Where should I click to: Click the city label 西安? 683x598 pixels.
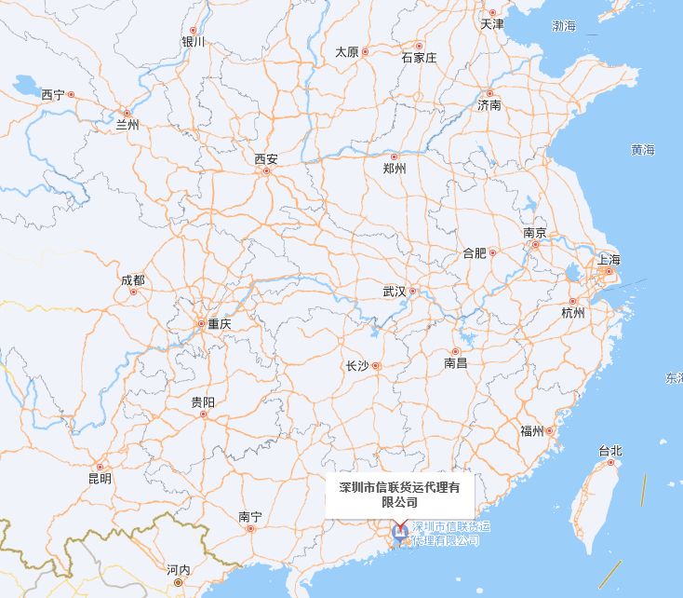coord(266,159)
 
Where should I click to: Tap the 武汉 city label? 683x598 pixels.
coord(395,292)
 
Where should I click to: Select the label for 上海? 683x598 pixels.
coord(609,260)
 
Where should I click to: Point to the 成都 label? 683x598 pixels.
coord(132,279)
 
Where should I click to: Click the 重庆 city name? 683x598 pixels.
coord(220,324)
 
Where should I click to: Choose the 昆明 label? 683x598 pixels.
coord(100,479)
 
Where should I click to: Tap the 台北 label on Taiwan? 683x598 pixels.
coord(609,452)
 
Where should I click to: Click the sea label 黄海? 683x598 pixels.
coord(643,150)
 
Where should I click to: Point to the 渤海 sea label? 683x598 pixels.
coord(564,26)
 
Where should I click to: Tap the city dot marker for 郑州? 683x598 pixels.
coord(394,156)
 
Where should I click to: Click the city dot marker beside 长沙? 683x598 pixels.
coord(376,366)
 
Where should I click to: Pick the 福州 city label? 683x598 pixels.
coord(532,430)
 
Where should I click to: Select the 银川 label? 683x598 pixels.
coord(193,42)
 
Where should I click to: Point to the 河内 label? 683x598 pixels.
coord(178,570)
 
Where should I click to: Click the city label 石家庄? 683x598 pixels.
coord(419,58)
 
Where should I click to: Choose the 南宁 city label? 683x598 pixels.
coord(249,517)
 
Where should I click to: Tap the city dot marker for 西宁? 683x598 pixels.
coord(71,95)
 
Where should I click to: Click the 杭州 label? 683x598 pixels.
coord(573,313)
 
